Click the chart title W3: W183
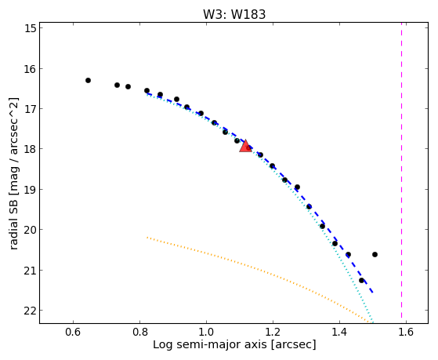234,14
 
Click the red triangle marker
245,146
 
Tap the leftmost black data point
88,80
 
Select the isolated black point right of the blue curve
375,254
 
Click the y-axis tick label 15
31,28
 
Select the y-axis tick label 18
31,149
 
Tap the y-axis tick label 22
31,311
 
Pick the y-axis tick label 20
31,230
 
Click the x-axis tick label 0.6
73,332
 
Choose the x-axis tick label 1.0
206,332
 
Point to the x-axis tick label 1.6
406,332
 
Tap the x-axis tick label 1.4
339,332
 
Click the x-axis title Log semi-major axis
209,345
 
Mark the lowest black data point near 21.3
361,280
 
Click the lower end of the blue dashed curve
373,293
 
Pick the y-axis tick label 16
31,68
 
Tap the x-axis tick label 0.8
139,332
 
